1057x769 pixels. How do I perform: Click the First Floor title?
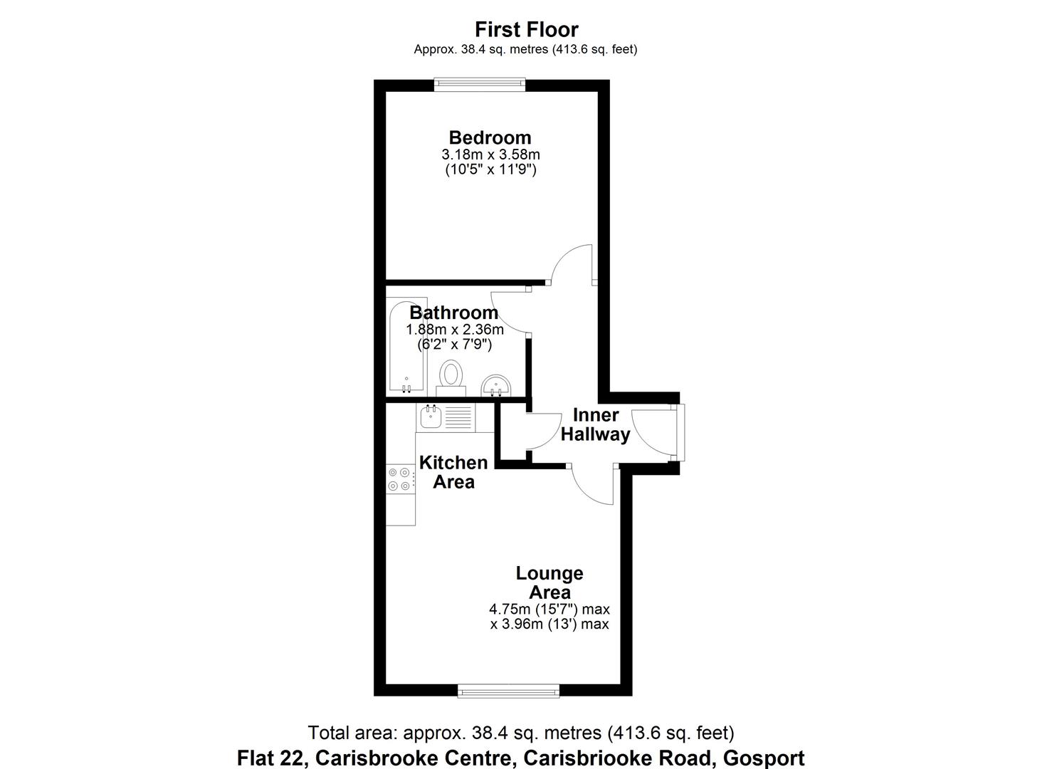tap(527, 30)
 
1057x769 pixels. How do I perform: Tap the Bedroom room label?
tap(490, 137)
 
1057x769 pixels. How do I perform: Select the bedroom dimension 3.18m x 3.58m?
tap(490, 155)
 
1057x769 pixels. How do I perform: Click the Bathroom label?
tap(453, 313)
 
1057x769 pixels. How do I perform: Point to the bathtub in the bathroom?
tap(407, 345)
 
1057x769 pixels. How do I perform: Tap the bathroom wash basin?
tap(495, 386)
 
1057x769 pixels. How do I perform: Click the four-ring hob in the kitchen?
tap(399, 478)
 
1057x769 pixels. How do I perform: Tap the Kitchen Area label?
tap(453, 472)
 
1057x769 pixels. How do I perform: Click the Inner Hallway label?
tap(596, 425)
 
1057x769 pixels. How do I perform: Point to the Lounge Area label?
tap(549, 582)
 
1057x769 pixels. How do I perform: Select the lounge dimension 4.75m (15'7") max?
tap(549, 610)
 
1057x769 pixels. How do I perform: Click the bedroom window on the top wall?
tap(480, 85)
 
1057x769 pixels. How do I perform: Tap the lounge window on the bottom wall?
tap(508, 690)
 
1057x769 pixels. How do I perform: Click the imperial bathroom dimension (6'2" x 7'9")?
tap(455, 345)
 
